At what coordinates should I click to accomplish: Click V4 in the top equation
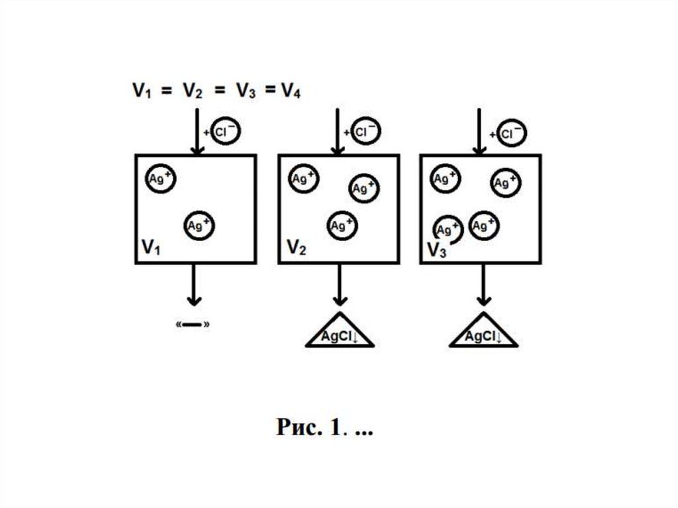(289, 91)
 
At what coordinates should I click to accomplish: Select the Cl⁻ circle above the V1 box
(226, 132)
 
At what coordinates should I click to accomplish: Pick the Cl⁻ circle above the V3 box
(511, 134)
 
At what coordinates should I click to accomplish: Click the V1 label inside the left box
(151, 248)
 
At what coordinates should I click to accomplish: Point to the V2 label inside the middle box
(296, 248)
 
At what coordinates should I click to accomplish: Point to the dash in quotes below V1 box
(194, 325)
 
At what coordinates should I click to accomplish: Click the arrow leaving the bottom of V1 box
(194, 285)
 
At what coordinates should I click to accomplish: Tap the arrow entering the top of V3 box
(478, 132)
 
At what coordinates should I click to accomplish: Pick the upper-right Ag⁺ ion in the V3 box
(505, 182)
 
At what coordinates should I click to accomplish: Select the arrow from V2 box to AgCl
(340, 285)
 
